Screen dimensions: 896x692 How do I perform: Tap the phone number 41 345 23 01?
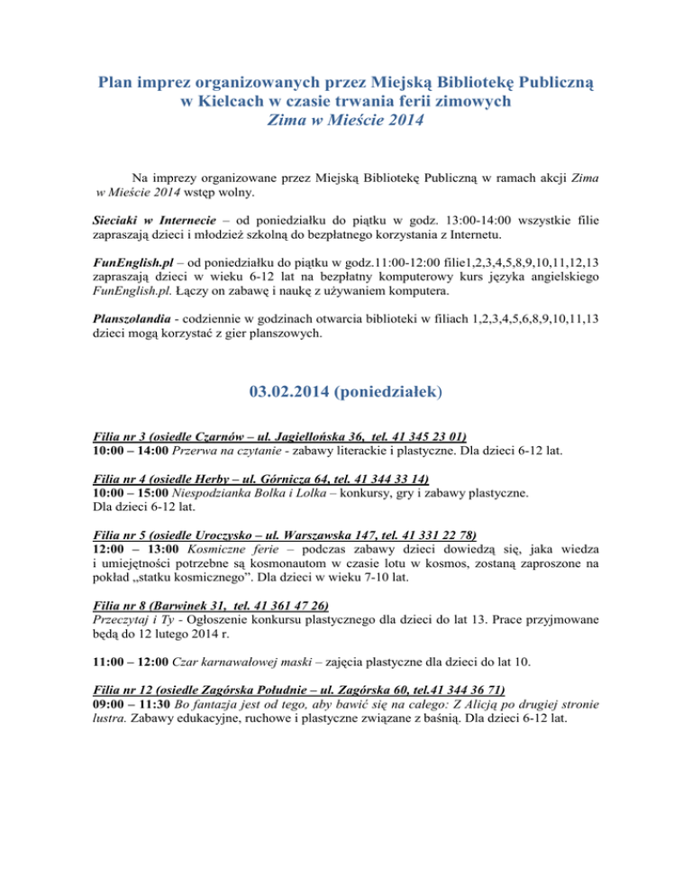pos(423,433)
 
